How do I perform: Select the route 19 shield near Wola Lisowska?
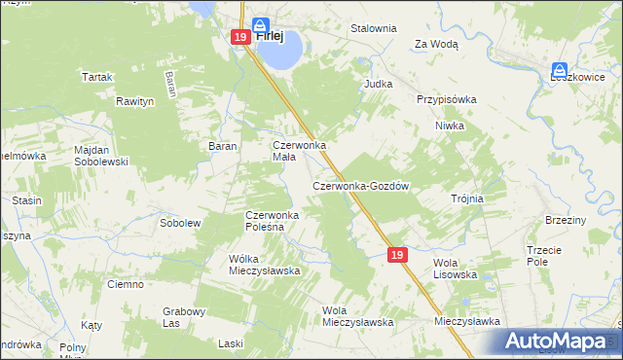pyautogui.click(x=396, y=254)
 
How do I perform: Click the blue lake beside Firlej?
pyautogui.click(x=278, y=54)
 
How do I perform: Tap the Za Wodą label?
pyautogui.click(x=436, y=44)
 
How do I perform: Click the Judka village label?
pyautogui.click(x=378, y=84)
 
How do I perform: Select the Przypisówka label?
pyautogui.click(x=446, y=99)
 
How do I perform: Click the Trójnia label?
pyautogui.click(x=467, y=198)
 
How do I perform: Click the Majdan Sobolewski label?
pyautogui.click(x=102, y=155)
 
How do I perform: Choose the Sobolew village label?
pyautogui.click(x=179, y=223)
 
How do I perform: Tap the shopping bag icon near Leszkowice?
pyautogui.click(x=561, y=70)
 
